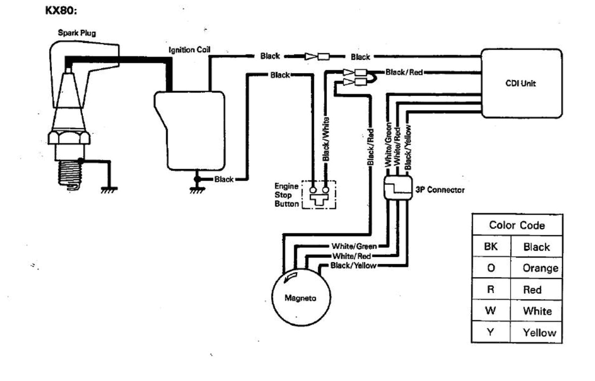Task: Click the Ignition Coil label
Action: click(189, 50)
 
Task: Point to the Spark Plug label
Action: click(77, 33)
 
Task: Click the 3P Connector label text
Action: click(440, 190)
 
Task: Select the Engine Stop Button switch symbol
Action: click(319, 195)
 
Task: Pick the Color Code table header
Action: click(517, 225)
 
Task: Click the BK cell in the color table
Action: click(490, 247)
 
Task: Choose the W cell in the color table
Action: click(490, 311)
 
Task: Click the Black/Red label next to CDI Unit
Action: click(404, 72)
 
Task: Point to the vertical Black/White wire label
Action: click(326, 139)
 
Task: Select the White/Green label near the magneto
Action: click(354, 247)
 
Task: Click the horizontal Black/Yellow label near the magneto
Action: click(353, 265)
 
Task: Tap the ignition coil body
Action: click(189, 130)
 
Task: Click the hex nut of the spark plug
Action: click(68, 137)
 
